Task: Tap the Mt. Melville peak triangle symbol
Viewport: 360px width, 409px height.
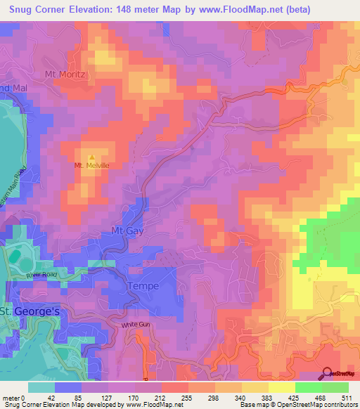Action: [x=91, y=156]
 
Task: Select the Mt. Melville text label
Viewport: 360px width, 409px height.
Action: [x=93, y=166]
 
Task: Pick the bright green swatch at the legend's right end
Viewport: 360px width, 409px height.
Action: [x=335, y=387]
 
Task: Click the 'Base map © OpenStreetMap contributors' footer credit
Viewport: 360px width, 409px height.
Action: [x=298, y=405]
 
